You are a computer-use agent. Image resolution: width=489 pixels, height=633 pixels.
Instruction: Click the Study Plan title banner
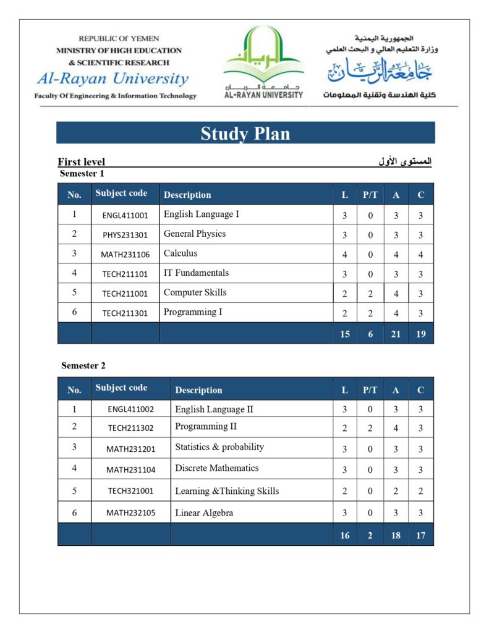click(x=245, y=133)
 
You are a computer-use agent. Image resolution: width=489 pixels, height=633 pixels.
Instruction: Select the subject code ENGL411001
click(x=125, y=216)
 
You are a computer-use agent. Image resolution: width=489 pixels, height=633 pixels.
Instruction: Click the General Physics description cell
click(x=195, y=234)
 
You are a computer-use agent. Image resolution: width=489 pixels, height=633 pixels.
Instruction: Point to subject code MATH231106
click(x=125, y=255)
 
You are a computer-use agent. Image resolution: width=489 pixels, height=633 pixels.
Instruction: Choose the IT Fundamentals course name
click(x=196, y=273)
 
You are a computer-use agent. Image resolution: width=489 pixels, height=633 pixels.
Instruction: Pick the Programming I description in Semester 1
click(x=193, y=312)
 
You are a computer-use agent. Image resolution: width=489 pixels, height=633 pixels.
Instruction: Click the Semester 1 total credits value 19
click(x=420, y=334)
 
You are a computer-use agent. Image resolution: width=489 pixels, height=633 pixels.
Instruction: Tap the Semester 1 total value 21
click(x=396, y=334)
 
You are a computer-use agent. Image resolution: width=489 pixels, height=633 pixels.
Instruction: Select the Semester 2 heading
click(x=80, y=365)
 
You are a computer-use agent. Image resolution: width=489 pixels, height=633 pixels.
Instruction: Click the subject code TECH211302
click(x=130, y=427)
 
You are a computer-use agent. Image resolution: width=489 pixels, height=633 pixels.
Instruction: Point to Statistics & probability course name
click(x=219, y=447)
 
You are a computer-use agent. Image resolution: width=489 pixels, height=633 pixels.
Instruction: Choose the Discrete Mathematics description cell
click(x=217, y=468)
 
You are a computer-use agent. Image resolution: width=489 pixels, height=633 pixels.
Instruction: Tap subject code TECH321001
click(x=130, y=491)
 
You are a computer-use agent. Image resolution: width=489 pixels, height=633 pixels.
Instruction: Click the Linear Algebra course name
click(x=204, y=512)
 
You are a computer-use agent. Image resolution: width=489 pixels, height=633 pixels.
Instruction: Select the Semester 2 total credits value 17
click(x=420, y=535)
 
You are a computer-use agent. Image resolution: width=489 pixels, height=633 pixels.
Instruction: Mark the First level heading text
click(x=82, y=162)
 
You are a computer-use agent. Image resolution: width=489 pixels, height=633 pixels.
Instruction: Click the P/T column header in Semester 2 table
click(x=370, y=390)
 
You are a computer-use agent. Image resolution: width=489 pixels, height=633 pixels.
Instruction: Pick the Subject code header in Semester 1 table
click(x=121, y=193)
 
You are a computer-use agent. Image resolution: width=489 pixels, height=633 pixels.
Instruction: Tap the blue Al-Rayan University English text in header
click(x=113, y=79)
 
